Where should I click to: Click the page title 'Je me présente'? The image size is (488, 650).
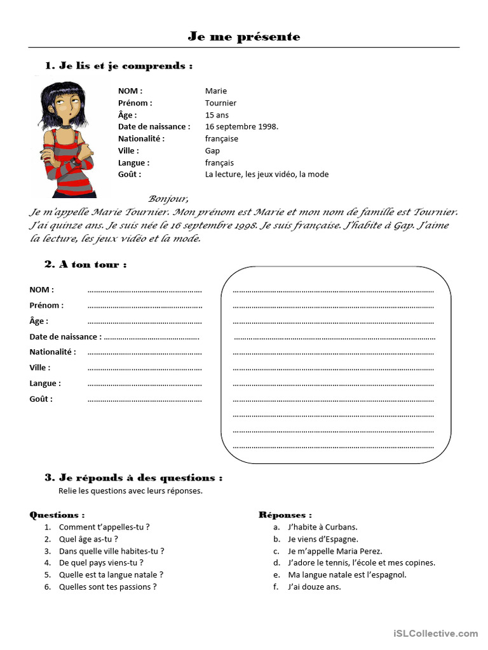coord(244,37)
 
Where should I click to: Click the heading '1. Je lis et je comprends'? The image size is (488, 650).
coord(119,65)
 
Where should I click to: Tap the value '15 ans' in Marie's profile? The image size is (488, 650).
coord(217,115)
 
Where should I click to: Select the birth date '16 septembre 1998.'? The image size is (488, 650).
coord(241,126)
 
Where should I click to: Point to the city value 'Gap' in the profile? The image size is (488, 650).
coord(212,150)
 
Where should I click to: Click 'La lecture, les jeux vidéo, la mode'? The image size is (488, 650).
coord(267,174)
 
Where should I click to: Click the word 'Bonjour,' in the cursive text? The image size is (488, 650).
coord(168,198)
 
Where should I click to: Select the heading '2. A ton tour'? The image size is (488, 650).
coord(86,264)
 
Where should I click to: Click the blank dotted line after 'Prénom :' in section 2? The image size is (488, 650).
coord(144,306)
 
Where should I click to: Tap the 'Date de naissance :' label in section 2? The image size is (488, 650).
coord(65,336)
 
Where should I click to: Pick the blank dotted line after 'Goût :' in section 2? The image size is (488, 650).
coord(144,400)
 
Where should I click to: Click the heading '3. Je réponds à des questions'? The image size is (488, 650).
coord(133,477)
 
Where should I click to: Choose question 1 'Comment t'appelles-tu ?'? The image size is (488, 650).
coord(104,527)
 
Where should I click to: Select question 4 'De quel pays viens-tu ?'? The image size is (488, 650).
coord(101,562)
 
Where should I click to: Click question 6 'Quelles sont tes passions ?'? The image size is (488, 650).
coord(107,587)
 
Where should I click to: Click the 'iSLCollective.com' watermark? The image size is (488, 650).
coord(435,633)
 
